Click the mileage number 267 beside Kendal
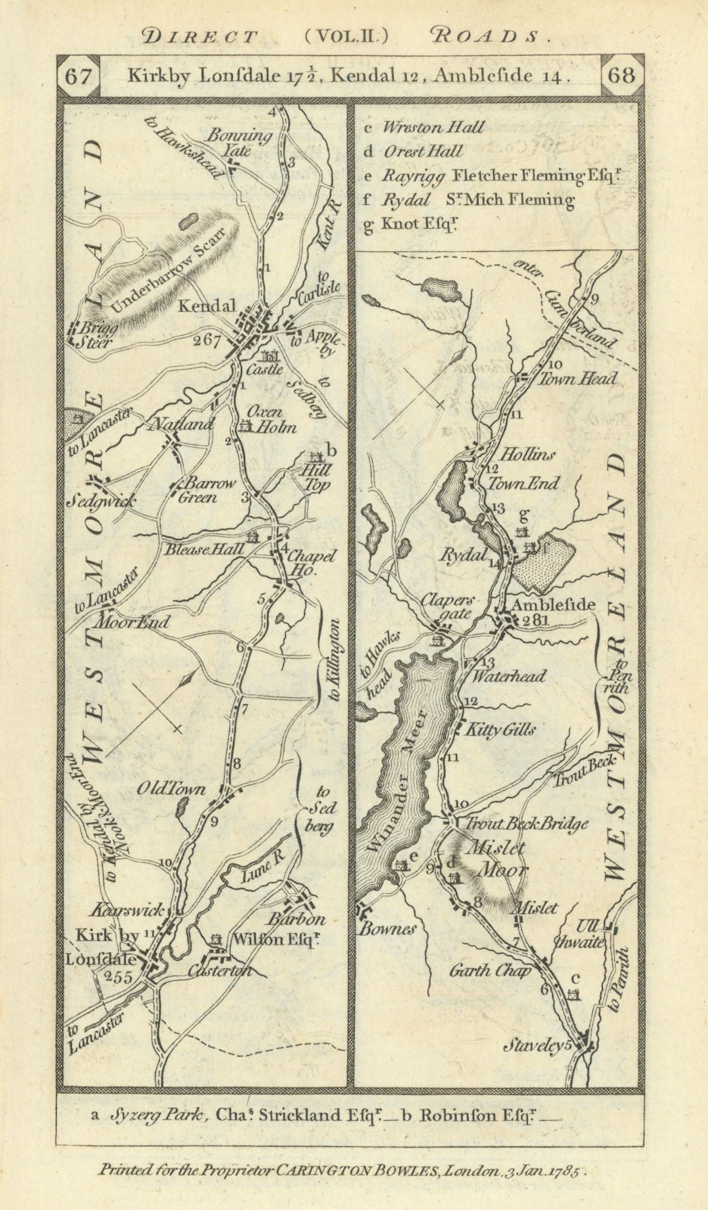206,340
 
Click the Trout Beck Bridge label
526,824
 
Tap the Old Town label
171,789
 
